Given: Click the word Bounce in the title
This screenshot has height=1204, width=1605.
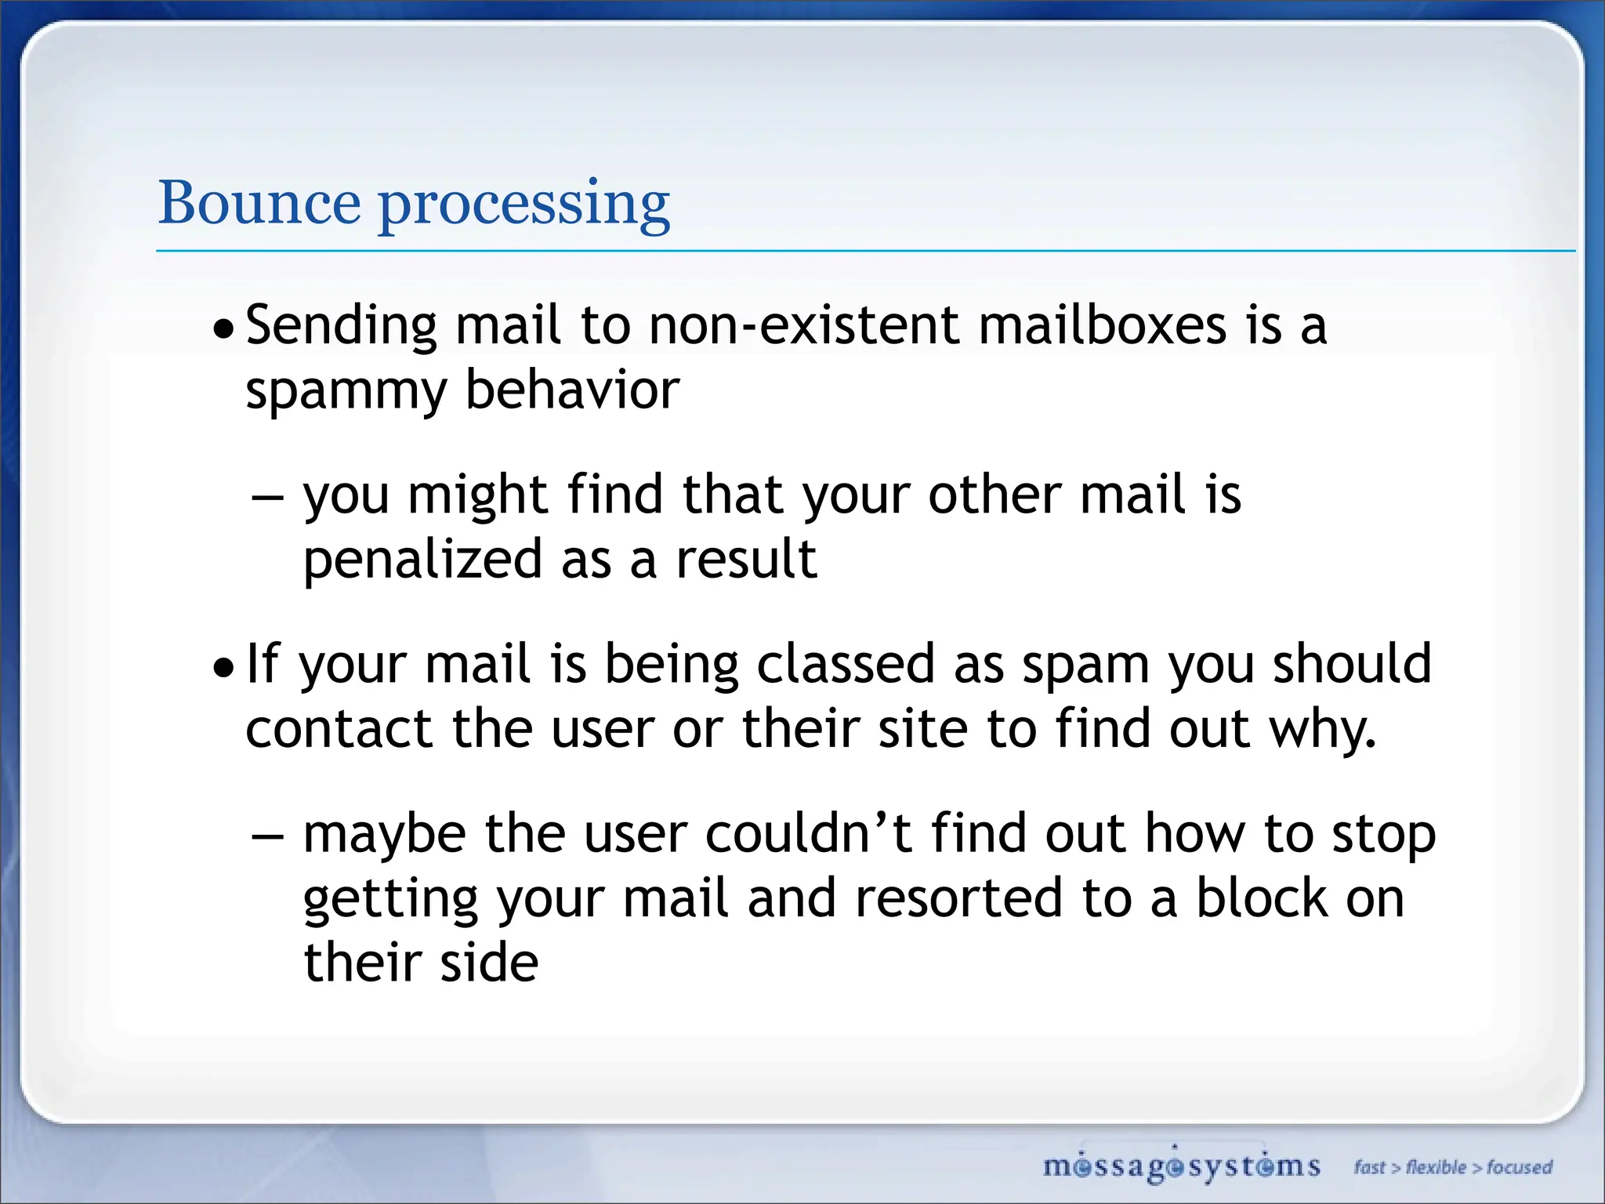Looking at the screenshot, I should pyautogui.click(x=259, y=203).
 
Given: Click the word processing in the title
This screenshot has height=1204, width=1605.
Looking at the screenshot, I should pyautogui.click(x=524, y=205).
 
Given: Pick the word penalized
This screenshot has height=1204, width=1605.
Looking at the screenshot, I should pyautogui.click(x=422, y=560).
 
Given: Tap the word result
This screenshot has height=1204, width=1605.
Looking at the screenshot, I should pyautogui.click(x=746, y=559).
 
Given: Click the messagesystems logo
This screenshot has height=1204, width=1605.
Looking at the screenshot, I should pyautogui.click(x=1181, y=1166).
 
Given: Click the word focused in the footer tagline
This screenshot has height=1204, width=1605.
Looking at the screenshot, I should pyautogui.click(x=1519, y=1168).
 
